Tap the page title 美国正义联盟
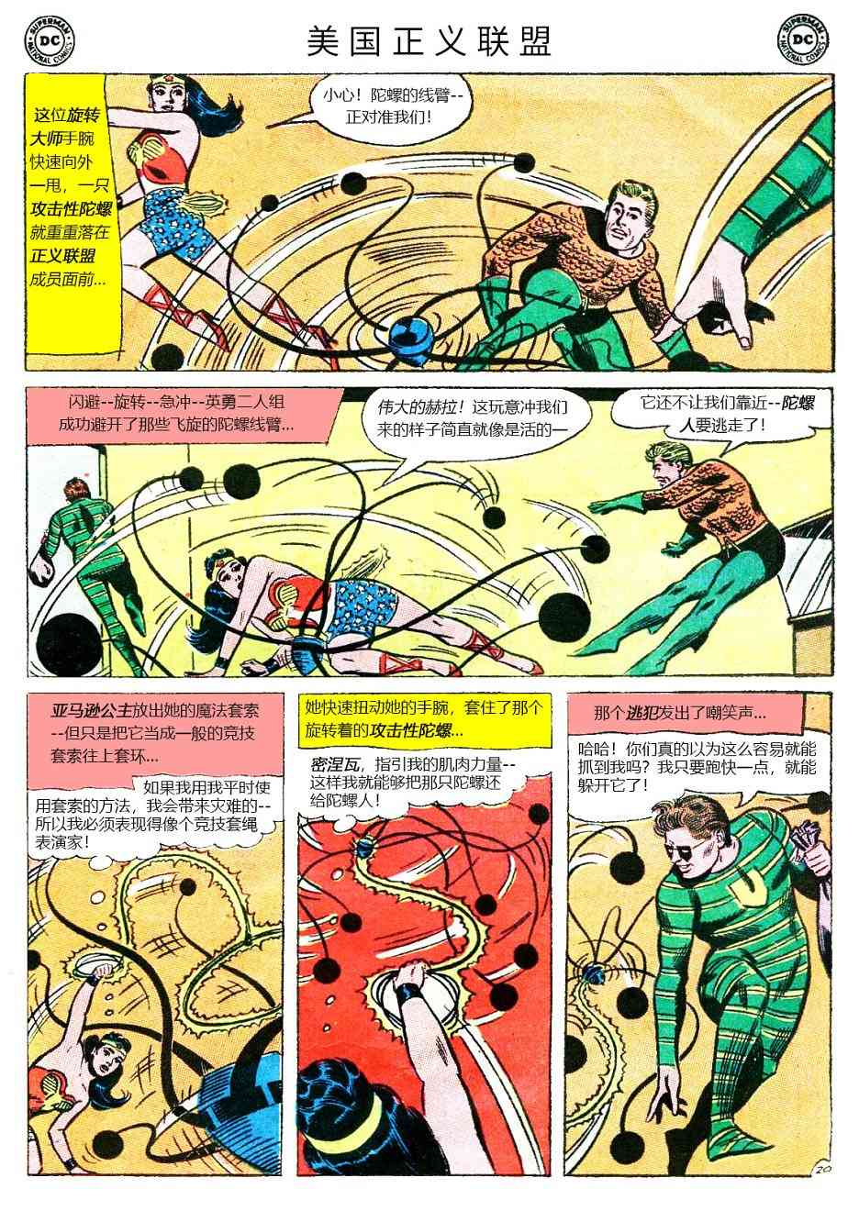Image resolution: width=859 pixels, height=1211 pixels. pos(429,41)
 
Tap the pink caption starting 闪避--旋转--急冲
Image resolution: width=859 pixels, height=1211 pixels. pos(179,414)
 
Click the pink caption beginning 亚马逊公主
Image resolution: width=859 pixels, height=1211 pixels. pos(156,738)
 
